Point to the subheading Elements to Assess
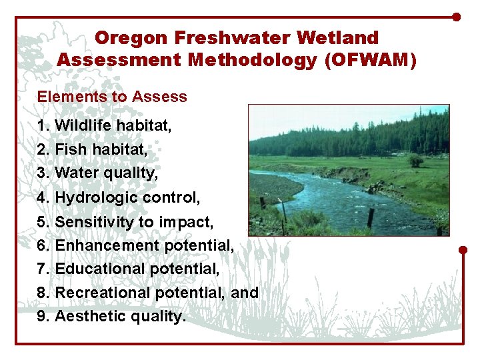tap(112, 97)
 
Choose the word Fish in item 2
tap(71, 150)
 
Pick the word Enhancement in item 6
tap(98, 246)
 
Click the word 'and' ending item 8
tap(245, 293)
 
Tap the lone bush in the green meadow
tap(417, 161)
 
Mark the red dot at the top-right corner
tap(456, 17)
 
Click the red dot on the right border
tap(463, 251)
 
